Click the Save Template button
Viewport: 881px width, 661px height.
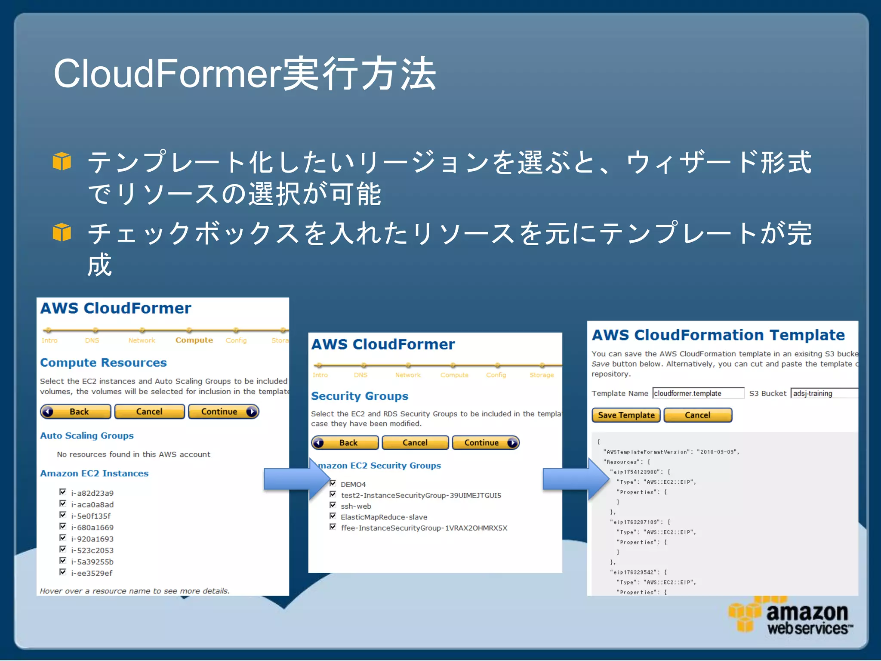click(x=625, y=415)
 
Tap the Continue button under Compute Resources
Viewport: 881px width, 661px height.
click(x=223, y=412)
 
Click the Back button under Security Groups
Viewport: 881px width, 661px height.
click(x=345, y=443)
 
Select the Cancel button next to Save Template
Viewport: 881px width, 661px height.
click(x=697, y=415)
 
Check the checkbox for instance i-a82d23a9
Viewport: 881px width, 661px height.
click(x=63, y=492)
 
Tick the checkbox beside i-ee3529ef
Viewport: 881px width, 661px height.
click(x=63, y=572)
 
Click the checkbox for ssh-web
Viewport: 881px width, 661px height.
click(x=333, y=505)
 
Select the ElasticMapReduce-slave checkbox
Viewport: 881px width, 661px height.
click(x=333, y=516)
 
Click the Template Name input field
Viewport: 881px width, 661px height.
click(x=698, y=393)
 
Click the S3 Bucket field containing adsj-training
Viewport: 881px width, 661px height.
click(x=824, y=393)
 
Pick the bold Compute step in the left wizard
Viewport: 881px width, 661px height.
click(x=194, y=340)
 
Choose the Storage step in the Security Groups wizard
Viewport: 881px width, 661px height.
click(x=542, y=375)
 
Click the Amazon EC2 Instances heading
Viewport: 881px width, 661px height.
click(x=94, y=473)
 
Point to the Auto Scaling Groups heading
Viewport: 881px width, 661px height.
click(x=87, y=436)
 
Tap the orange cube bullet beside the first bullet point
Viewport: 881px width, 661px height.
click(x=62, y=161)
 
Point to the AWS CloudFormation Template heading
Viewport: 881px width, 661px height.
click(x=718, y=335)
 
